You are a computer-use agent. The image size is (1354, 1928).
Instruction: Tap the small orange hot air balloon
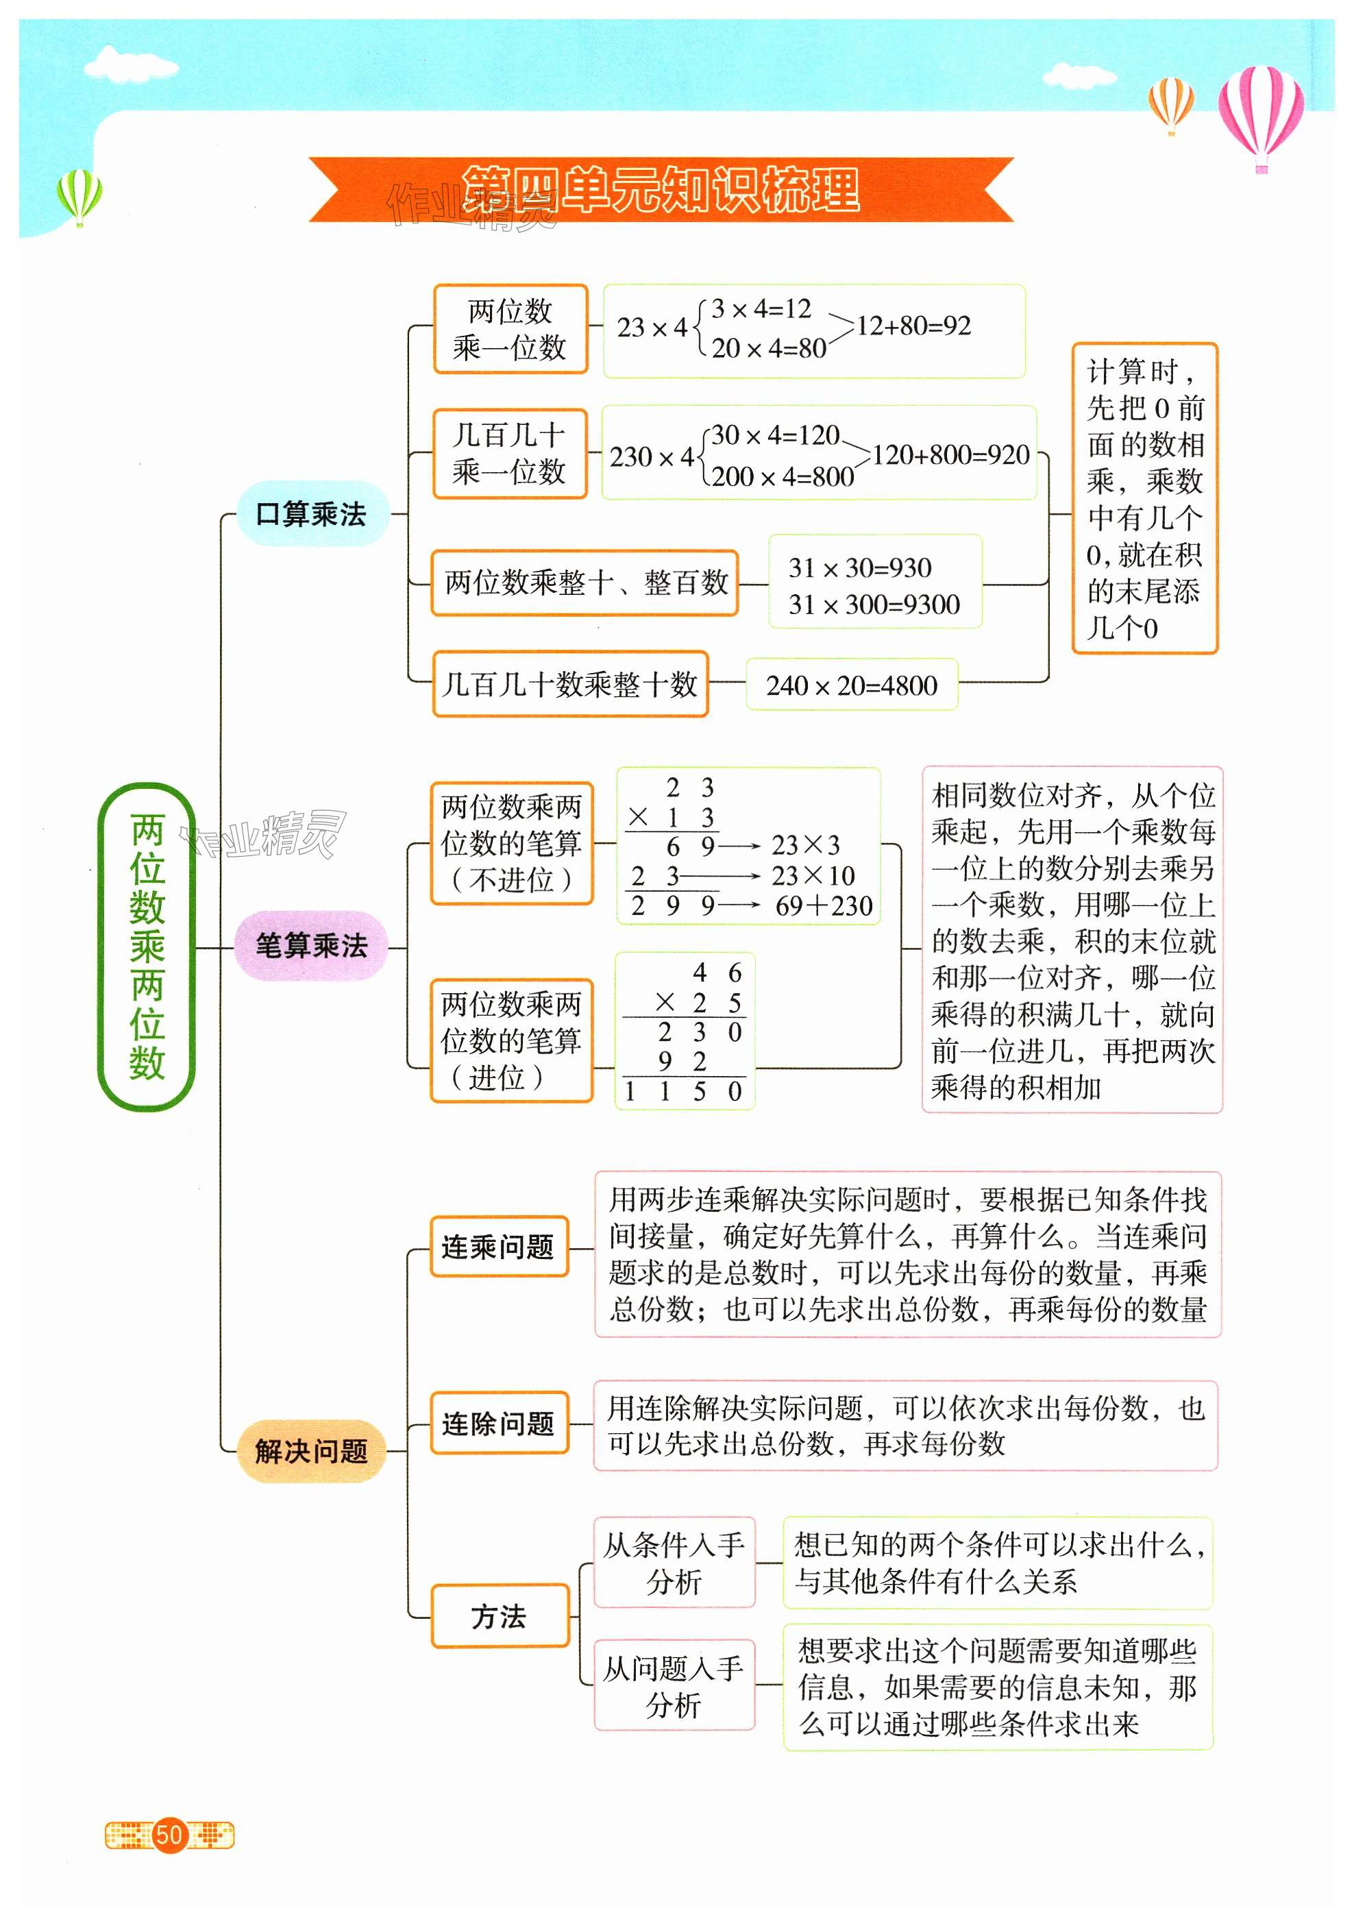coord(1170,102)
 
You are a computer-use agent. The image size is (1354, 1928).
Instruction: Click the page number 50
coord(169,1835)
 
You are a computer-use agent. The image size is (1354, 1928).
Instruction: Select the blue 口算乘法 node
coord(311,514)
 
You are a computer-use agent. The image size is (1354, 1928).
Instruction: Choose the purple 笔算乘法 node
coord(311,947)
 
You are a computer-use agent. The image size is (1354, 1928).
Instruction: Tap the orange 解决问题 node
coord(311,1450)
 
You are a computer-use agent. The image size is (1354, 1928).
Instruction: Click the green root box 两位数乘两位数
coord(147,946)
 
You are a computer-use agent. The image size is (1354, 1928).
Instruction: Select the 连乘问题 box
coord(499,1247)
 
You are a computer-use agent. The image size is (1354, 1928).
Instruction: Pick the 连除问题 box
coord(499,1424)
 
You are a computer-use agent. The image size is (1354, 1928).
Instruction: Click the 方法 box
coord(499,1616)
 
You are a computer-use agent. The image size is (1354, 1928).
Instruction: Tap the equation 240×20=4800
coord(851,686)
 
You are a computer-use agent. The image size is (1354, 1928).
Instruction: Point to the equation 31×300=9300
coord(874,605)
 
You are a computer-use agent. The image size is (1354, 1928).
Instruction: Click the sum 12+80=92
coord(913,326)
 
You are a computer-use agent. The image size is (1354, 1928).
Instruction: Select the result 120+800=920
coord(950,455)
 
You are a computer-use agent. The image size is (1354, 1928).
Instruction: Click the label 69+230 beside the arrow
coord(824,906)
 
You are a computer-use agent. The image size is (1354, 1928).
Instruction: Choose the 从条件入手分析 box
coord(674,1563)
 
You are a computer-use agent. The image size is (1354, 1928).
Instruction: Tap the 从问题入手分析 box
coord(674,1685)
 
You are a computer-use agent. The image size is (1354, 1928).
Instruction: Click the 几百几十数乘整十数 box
coord(570,685)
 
